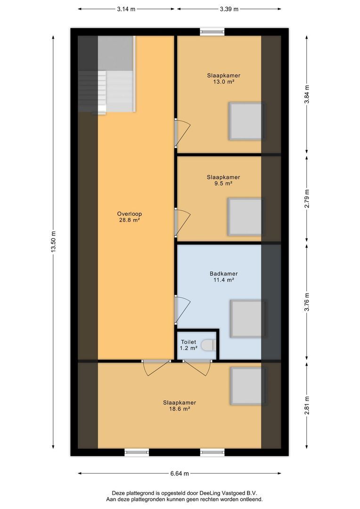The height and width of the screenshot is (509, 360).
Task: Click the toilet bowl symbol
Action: [208, 346]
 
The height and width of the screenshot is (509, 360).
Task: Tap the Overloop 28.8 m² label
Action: [130, 217]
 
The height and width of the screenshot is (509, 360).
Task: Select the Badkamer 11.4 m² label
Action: [223, 277]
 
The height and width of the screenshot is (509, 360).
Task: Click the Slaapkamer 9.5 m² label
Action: [223, 181]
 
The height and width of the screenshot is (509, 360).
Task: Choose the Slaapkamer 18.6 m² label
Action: [180, 406]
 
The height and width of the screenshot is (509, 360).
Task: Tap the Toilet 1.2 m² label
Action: [188, 345]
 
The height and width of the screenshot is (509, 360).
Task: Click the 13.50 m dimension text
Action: [54, 242]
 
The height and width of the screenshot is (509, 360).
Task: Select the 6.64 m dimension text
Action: [180, 474]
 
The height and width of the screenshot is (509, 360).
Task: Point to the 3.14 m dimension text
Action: [126, 8]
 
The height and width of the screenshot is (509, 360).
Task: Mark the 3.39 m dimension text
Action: [229, 8]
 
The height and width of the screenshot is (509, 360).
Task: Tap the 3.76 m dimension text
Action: [307, 302]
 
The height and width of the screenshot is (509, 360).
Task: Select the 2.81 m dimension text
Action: [307, 405]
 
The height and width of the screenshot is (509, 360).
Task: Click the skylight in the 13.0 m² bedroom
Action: [245, 121]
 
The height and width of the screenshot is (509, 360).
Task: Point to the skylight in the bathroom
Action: [247, 319]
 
